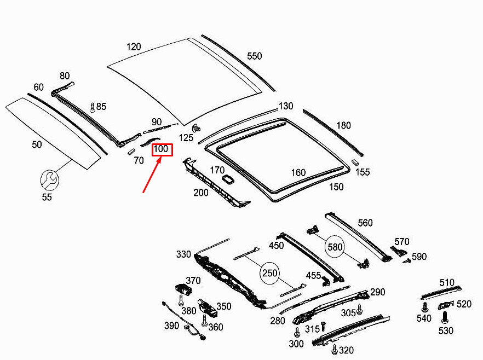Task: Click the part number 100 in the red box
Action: coord(161,149)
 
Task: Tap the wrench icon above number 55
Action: coord(49,180)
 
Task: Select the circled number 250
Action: coord(269,273)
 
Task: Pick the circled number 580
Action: coord(335,247)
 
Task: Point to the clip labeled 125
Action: coord(196,127)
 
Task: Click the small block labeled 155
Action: coord(354,162)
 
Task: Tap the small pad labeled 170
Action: coord(228,179)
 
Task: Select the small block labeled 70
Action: coord(131,152)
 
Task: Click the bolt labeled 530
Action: coord(444,318)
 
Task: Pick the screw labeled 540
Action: coord(425,307)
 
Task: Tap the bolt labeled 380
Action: coord(181,300)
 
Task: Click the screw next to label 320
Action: coord(335,349)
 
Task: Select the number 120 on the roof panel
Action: coord(134,47)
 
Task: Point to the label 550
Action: coord(255,56)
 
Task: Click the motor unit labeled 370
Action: coord(183,289)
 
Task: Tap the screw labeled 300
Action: coord(297,332)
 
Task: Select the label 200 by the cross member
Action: coord(201,193)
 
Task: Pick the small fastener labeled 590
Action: coord(407,261)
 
